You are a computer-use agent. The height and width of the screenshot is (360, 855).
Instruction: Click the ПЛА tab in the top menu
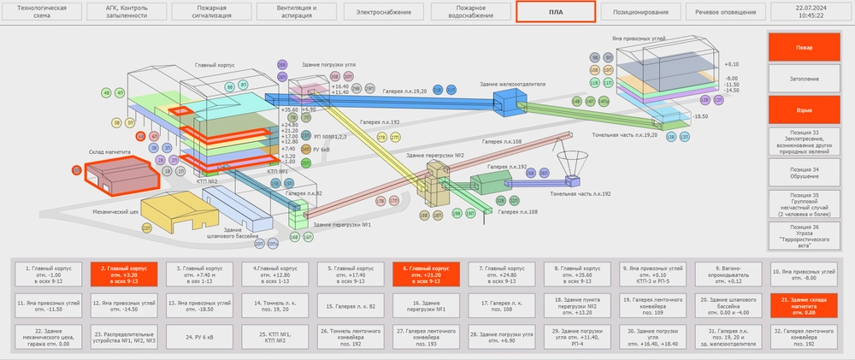[555, 13]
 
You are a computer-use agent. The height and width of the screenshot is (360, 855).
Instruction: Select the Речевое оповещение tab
[725, 13]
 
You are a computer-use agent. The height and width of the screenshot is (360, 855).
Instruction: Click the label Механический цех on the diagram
[115, 210]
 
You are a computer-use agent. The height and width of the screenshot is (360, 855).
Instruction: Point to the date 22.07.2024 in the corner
[809, 9]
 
